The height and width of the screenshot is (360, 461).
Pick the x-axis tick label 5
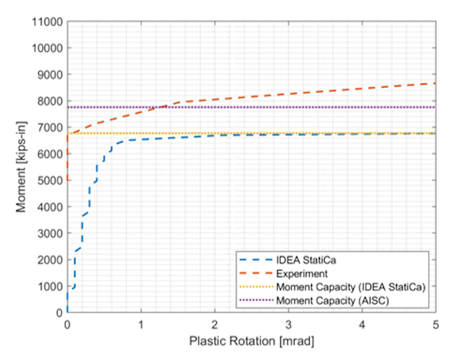pos(436,324)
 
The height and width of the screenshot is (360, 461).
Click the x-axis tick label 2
pos(215,324)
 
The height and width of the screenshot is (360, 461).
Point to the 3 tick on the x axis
pos(288,324)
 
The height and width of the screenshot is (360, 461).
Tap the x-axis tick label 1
pos(141,324)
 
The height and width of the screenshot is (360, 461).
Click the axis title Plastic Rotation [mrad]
pos(251,340)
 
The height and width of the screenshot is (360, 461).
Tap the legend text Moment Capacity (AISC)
pos(332,300)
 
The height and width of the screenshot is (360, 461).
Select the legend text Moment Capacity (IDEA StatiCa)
pos(349,287)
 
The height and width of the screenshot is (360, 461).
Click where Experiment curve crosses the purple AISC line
pos(168,107)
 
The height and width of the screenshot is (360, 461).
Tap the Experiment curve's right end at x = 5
pos(436,84)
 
